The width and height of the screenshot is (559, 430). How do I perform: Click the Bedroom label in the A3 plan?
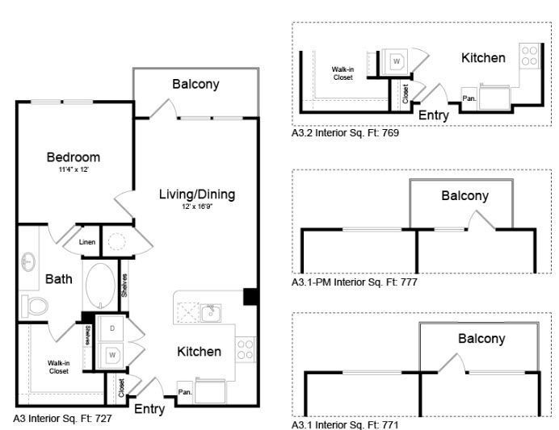point(73,157)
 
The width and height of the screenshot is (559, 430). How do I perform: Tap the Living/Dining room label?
point(196,194)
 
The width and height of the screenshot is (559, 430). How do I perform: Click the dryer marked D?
point(111,329)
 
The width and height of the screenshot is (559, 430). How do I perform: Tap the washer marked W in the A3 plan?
point(111,353)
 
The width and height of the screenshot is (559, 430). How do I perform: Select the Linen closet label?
point(87,242)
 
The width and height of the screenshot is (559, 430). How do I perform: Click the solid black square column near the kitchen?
point(251,295)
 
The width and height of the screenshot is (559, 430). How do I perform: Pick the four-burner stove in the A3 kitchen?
point(246,349)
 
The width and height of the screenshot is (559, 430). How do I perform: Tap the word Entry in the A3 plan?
point(149,409)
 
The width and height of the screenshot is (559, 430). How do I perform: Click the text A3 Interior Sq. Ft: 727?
point(62,420)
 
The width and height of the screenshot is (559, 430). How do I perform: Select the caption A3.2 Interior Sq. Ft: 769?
point(346,134)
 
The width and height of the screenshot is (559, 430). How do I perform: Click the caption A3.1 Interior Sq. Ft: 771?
point(346,424)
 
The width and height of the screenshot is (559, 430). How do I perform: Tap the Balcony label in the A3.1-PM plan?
point(464,196)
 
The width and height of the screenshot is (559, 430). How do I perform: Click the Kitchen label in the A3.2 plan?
point(483,58)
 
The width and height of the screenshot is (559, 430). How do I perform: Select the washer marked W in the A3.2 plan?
point(397,61)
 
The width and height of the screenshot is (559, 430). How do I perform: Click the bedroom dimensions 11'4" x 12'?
point(73,170)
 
